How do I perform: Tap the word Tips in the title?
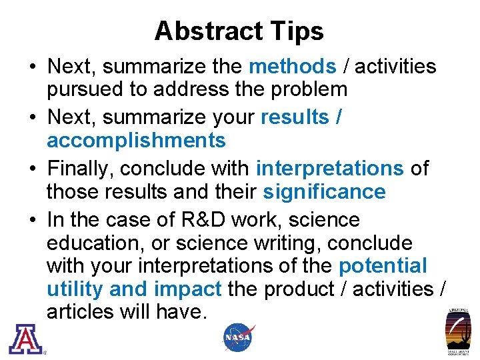297,31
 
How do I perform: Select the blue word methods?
292,67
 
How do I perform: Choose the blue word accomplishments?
136,141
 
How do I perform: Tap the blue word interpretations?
329,169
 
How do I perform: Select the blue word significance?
324,192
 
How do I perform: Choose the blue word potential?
383,266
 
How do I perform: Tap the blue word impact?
188,289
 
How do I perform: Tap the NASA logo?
238,337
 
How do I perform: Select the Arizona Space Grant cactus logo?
458,331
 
